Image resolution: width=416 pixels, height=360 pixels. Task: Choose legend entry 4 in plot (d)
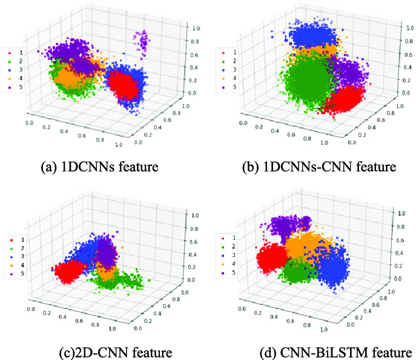coord(234,255)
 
